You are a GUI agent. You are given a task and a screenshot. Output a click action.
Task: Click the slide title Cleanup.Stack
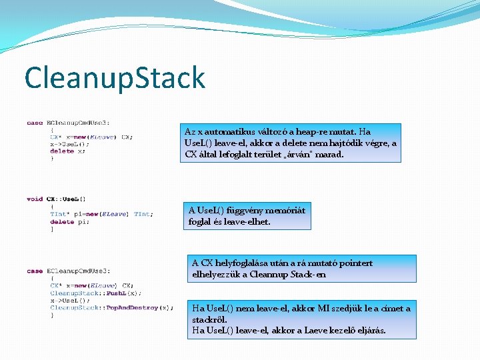tap(115, 77)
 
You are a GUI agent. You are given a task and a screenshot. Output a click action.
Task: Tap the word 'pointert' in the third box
tap(353, 263)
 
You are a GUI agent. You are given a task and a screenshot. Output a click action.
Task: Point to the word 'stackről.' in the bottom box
tap(209, 319)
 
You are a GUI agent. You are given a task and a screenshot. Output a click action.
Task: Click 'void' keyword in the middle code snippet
tap(35, 199)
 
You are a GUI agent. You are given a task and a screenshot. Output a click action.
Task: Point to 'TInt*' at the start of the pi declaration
tap(59, 214)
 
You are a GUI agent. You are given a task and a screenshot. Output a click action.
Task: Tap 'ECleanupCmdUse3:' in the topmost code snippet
tap(79, 123)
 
